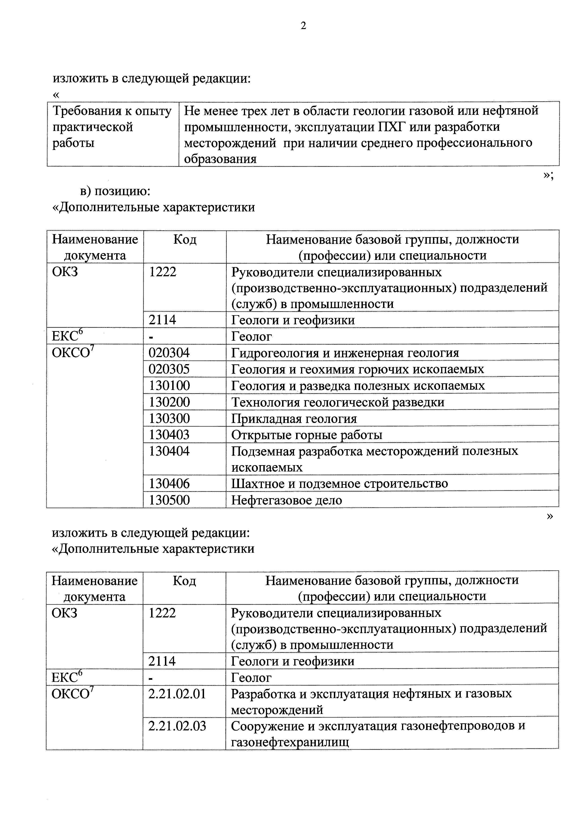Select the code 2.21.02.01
[x=177, y=694]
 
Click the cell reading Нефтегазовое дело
[x=286, y=500]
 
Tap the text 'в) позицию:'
[x=115, y=191]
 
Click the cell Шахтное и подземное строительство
[x=339, y=484]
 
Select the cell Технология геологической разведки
[x=338, y=402]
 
